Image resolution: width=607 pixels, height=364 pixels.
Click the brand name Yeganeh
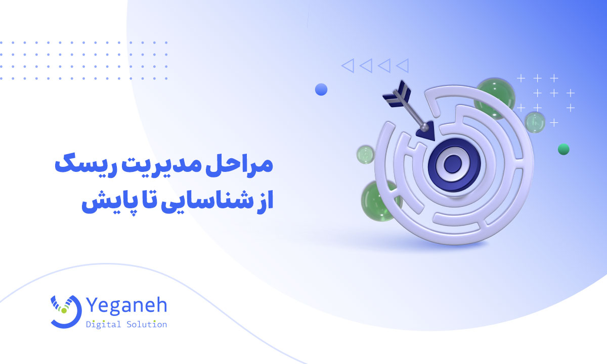126,306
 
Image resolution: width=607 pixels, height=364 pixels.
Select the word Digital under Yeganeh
104,325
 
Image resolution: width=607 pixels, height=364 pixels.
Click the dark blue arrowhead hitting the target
426,131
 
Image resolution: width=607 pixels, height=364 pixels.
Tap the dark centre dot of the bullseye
454,163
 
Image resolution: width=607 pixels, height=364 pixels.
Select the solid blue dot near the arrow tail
321,89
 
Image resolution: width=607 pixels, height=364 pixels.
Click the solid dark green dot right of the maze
563,149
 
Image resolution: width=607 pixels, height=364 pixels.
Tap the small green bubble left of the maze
365,154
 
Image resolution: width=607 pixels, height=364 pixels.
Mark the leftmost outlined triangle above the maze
348,65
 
